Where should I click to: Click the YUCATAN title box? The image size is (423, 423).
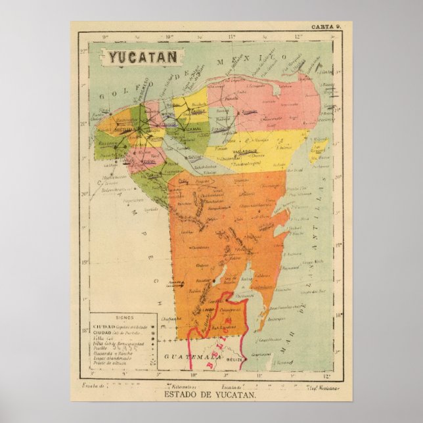(143, 56)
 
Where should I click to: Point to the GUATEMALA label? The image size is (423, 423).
(191, 356)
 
